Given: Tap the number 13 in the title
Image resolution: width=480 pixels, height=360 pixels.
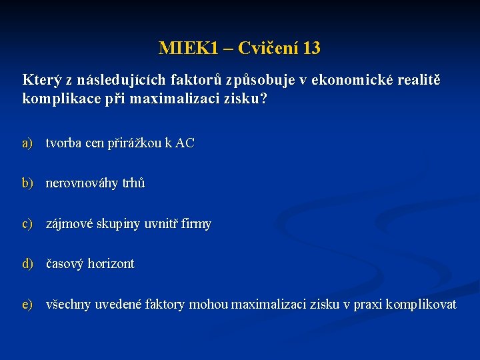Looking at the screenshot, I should pyautogui.click(x=311, y=49).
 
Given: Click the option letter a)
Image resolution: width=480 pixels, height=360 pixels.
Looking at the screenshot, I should pyautogui.click(x=27, y=143).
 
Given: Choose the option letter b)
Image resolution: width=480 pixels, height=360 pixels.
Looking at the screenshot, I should pyautogui.click(x=27, y=183).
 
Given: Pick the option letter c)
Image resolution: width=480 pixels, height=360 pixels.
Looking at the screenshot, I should pyautogui.click(x=27, y=224).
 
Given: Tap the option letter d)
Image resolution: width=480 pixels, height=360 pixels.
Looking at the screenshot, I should pyautogui.click(x=27, y=264).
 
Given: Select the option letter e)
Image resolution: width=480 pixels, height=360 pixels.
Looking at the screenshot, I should pyautogui.click(x=27, y=305).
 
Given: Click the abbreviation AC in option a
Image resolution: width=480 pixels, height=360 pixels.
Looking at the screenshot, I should pyautogui.click(x=185, y=143).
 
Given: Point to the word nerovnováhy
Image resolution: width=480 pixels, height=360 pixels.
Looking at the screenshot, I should pyautogui.click(x=82, y=183).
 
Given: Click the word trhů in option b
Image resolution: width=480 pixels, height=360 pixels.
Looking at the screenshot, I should pyautogui.click(x=133, y=183).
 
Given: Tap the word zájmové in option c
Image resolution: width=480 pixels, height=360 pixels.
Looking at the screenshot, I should pyautogui.click(x=69, y=224).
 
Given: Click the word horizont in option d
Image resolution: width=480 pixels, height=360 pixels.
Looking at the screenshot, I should pyautogui.click(x=111, y=264).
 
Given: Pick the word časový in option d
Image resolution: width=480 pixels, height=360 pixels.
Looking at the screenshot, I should pyautogui.click(x=65, y=264).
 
